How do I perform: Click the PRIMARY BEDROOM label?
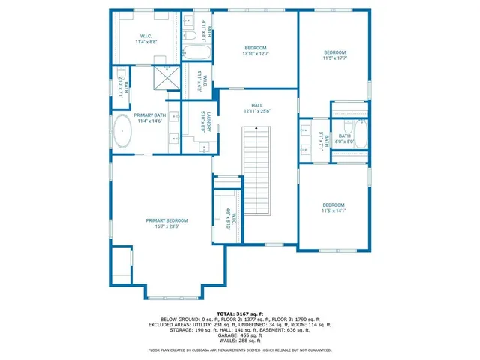coord(166,220)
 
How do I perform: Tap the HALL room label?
coord(257,105)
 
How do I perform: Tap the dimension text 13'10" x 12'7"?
coord(256,53)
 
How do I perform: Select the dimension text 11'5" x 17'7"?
coord(334,58)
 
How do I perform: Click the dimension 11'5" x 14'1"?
coord(334,211)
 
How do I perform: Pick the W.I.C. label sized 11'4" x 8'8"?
coord(146,42)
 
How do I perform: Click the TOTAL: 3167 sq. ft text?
coord(241,313)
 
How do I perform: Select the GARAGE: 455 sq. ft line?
coord(241,335)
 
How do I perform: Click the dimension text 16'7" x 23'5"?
coord(166,226)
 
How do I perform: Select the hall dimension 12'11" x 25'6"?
coord(257,110)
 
